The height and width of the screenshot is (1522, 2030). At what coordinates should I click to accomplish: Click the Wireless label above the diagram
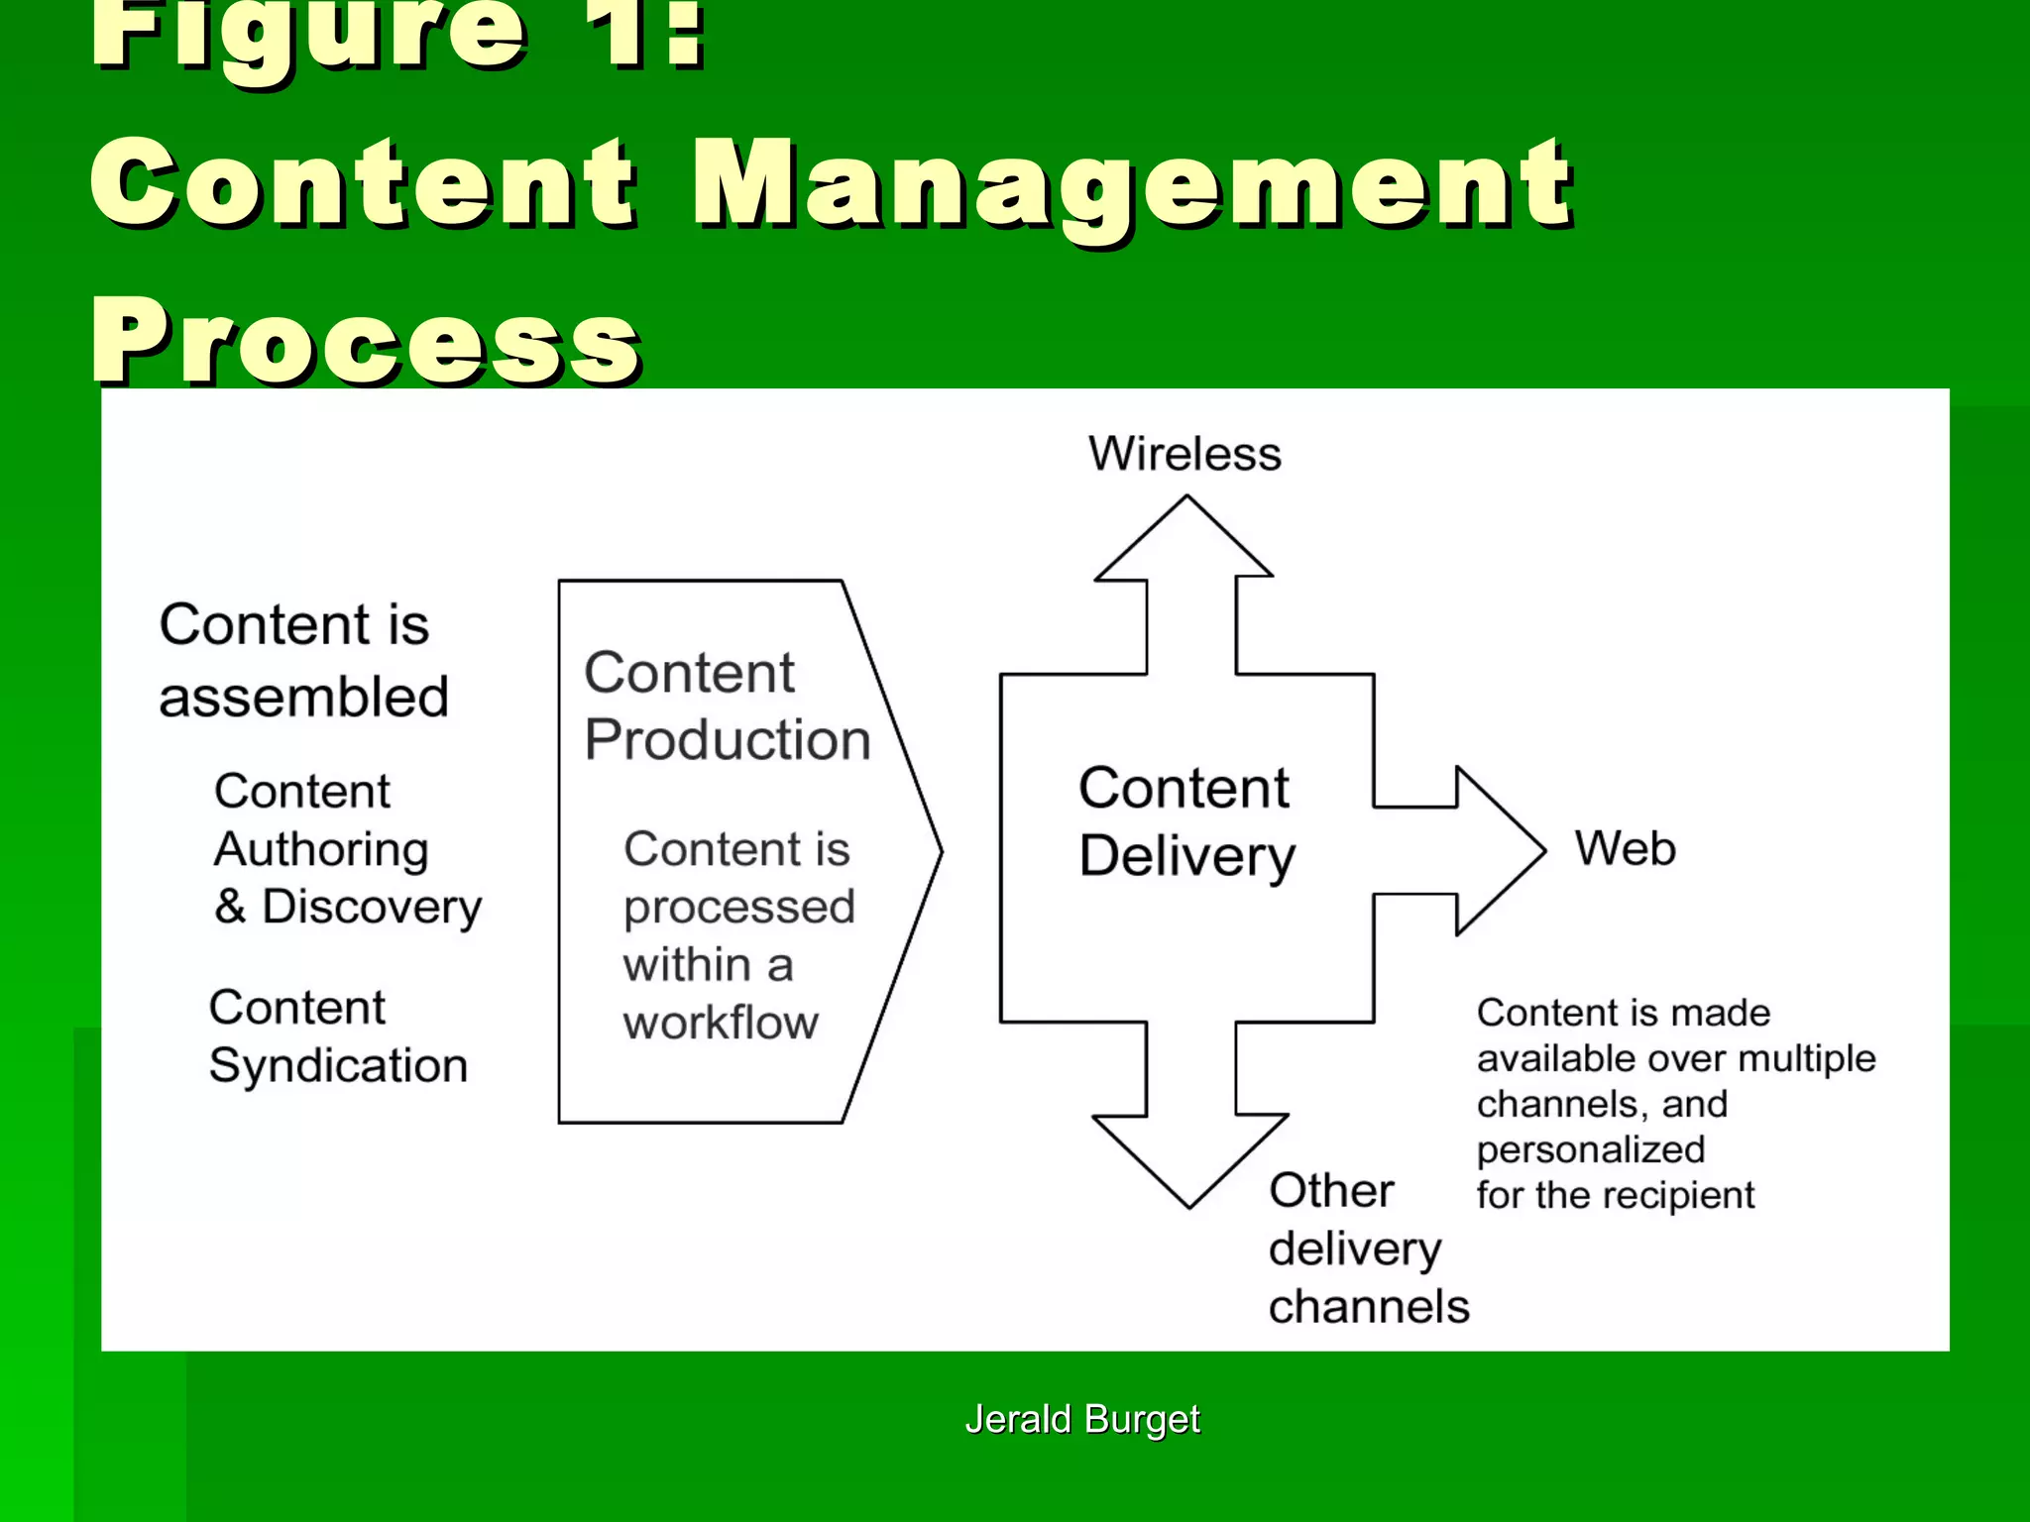(1184, 454)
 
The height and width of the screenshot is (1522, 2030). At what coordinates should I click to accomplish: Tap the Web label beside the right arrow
(1626, 848)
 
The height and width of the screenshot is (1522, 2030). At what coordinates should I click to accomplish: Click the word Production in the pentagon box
(728, 739)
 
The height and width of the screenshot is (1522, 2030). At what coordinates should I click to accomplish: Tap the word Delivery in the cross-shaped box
(1187, 856)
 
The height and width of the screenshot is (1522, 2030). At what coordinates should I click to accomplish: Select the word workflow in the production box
(721, 1023)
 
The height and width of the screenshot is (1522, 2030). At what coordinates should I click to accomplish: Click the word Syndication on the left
(338, 1066)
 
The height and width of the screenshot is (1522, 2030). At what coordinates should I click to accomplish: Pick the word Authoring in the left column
(321, 850)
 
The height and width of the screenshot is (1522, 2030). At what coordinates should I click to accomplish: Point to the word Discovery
(372, 908)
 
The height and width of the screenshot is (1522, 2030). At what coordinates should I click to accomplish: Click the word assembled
(304, 697)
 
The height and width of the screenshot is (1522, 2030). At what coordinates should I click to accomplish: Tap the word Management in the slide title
(1131, 184)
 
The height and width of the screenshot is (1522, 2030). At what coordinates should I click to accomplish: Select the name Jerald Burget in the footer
(1082, 1419)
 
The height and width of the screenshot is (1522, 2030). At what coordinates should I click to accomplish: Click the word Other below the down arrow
(1331, 1190)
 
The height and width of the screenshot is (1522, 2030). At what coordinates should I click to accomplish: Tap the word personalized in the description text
(1591, 1150)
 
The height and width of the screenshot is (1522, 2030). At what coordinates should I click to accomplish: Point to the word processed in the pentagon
(738, 908)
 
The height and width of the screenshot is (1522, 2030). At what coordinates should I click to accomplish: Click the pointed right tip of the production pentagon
(938, 850)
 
